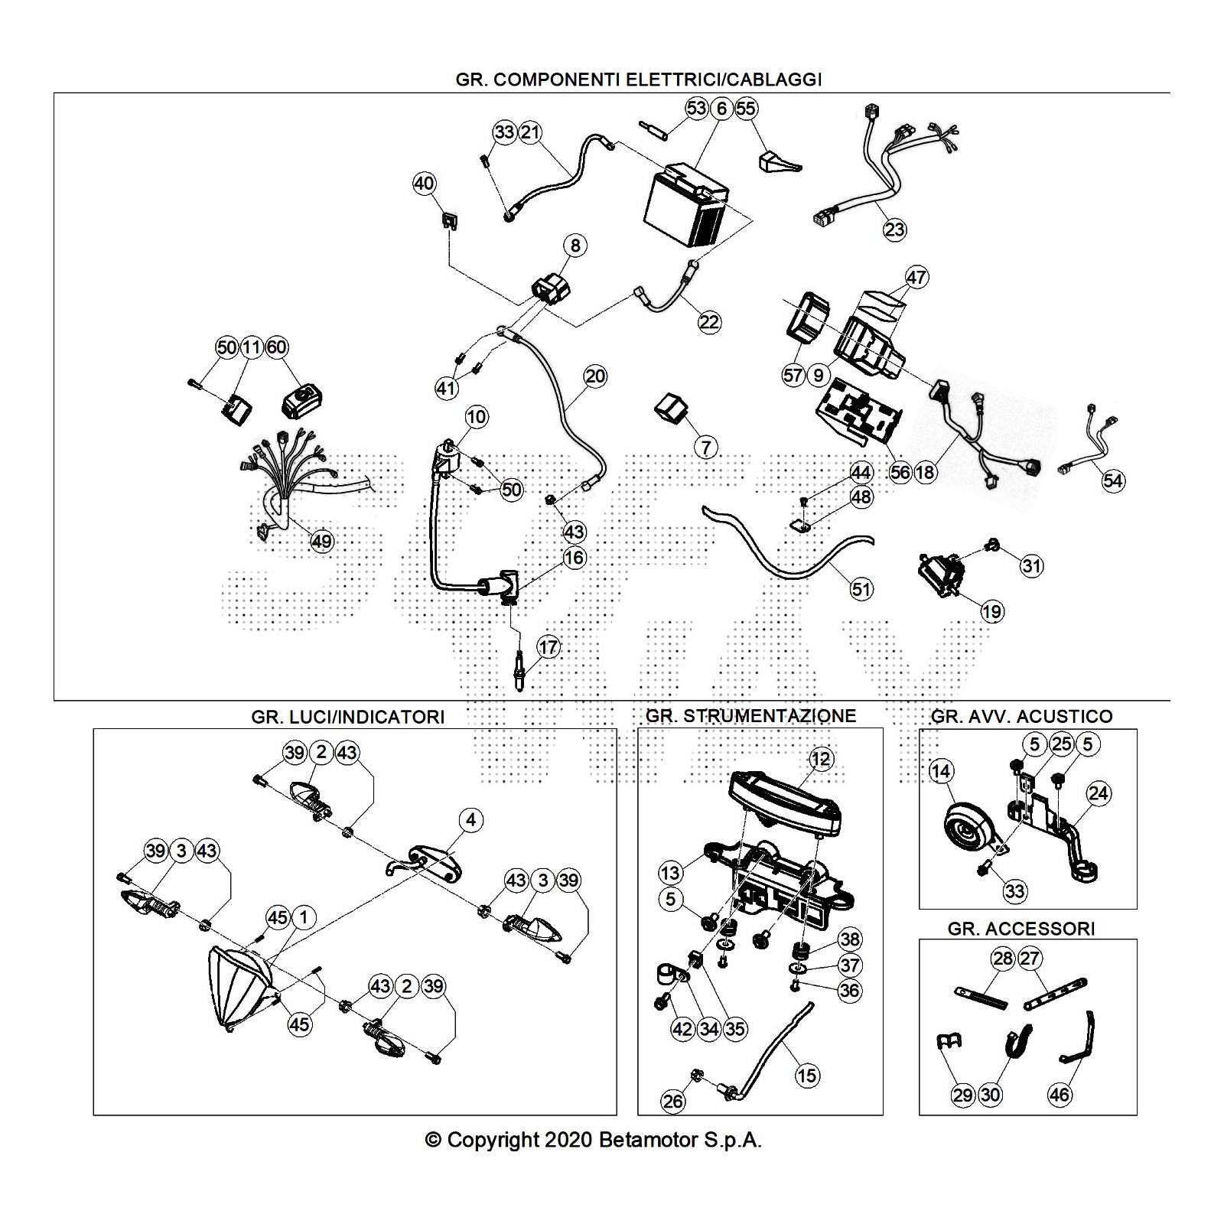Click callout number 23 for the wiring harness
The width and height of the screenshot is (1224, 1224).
pos(894,229)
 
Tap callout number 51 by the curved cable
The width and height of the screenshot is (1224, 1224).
pos(861,589)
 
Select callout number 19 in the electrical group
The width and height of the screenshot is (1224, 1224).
pos(992,611)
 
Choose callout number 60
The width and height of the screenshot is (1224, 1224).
pos(276,347)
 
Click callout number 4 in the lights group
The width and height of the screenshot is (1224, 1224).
pos(471,820)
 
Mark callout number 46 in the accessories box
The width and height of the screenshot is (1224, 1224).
pos(1060,1095)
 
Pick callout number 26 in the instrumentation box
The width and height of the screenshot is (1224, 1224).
pos(674,1102)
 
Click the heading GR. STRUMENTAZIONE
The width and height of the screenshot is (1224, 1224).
pos(750,716)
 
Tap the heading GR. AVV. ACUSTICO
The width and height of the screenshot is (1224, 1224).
pos(1021,716)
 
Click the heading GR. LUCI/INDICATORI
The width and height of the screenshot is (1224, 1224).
pos(347,717)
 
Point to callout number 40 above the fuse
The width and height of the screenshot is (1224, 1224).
pos(424,184)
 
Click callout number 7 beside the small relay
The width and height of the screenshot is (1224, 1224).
pos(705,447)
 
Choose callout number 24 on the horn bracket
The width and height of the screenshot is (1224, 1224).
pos(1098,793)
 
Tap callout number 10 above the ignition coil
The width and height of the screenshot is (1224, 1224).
pos(476,417)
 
